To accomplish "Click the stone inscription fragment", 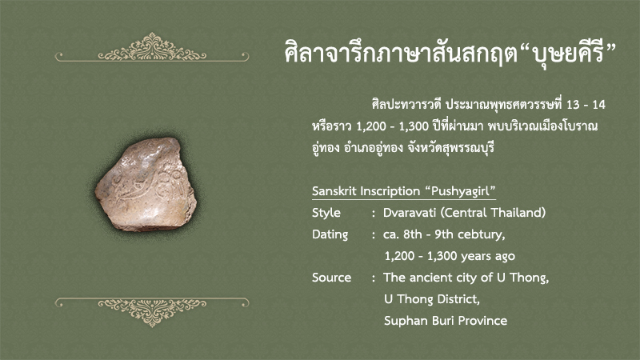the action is pyautogui.click(x=146, y=185).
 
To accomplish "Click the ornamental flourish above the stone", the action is pyautogui.click(x=152, y=48).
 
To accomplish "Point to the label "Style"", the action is pyautogui.click(x=326, y=213).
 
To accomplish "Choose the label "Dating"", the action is pyautogui.click(x=330, y=234).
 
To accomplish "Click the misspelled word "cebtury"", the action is pyautogui.click(x=482, y=234).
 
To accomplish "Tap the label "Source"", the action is pyautogui.click(x=331, y=278).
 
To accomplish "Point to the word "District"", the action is pyautogui.click(x=458, y=299).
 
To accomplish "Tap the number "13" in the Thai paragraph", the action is pyautogui.click(x=573, y=105).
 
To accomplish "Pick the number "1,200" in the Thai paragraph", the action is pyautogui.click(x=371, y=126).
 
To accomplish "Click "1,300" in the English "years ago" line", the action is pyautogui.click(x=442, y=256).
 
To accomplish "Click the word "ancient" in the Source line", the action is pyautogui.click(x=430, y=278).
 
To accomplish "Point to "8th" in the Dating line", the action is pyautogui.click(x=412, y=234).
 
